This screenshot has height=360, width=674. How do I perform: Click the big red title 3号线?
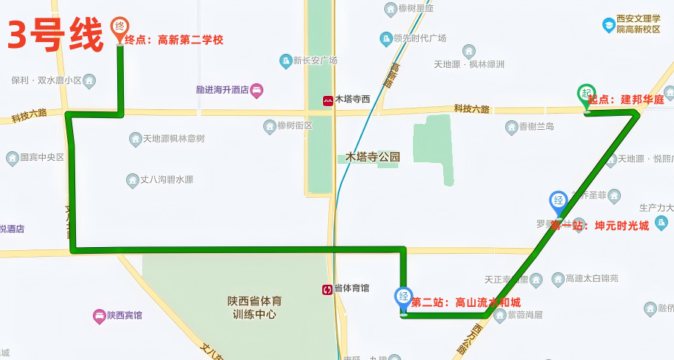point(55,35)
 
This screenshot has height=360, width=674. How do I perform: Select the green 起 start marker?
point(586,94)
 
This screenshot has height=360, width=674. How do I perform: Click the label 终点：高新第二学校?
point(174,41)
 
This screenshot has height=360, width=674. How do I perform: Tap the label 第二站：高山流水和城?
point(465,302)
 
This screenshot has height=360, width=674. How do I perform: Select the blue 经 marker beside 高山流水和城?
point(403,298)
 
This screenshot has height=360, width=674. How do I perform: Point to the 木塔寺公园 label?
point(373,157)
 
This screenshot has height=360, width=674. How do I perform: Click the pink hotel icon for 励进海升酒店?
point(257,91)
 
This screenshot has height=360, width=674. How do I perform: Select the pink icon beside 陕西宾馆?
point(99,316)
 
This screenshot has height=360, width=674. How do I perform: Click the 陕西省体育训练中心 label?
point(254,308)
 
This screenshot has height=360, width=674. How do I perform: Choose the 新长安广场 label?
point(315,60)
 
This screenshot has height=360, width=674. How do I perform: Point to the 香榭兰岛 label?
point(536,127)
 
